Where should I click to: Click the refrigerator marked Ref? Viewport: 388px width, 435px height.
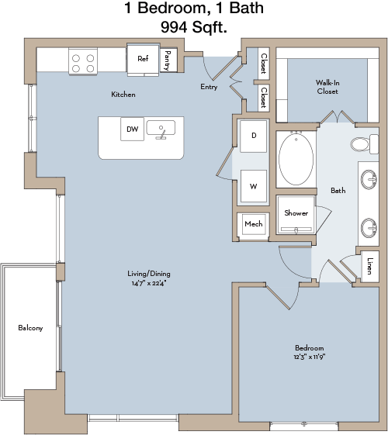click(x=144, y=60)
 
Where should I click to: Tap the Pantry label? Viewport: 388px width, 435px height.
click(x=168, y=60)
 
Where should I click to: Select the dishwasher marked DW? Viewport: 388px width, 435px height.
click(x=132, y=129)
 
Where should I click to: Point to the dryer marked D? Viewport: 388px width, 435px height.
click(x=254, y=136)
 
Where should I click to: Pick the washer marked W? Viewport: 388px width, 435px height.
click(x=254, y=186)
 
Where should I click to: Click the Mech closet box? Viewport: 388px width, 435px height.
click(x=254, y=224)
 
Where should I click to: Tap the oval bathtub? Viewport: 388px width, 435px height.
click(x=296, y=159)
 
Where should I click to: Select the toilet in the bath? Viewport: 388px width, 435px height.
click(x=365, y=144)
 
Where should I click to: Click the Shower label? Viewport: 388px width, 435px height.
click(x=296, y=213)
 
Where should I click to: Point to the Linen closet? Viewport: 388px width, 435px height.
click(x=370, y=266)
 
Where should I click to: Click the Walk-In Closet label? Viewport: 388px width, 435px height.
click(x=327, y=87)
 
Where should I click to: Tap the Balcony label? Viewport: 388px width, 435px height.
click(x=30, y=328)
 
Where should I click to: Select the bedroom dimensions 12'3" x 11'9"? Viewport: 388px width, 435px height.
click(x=310, y=357)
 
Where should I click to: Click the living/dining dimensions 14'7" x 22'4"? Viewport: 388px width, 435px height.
click(x=149, y=283)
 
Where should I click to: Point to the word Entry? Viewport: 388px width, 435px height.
click(x=209, y=87)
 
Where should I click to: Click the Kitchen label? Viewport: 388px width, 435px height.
click(x=123, y=95)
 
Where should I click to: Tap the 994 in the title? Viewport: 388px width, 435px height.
click(x=174, y=27)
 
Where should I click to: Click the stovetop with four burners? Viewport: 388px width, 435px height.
click(x=83, y=63)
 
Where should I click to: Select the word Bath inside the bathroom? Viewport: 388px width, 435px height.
click(x=338, y=190)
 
